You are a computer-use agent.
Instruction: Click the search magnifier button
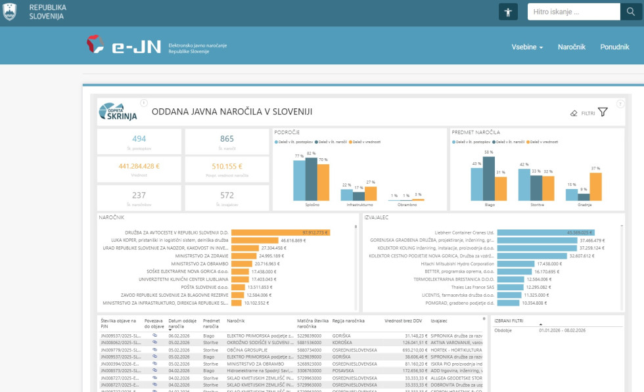pos(629,12)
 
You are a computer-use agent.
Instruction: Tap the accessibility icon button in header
pos(509,12)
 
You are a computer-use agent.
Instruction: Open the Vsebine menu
pos(527,47)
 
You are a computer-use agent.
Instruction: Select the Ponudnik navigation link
pos(614,47)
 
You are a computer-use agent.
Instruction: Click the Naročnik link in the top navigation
pos(572,47)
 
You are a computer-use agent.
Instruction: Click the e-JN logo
pos(125,45)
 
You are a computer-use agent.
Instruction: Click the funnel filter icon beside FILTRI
pos(603,112)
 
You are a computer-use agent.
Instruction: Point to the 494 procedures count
pos(139,139)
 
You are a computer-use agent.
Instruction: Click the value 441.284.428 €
pos(139,166)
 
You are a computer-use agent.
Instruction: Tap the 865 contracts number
pos(227,139)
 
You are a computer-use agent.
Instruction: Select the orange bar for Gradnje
pos(595,186)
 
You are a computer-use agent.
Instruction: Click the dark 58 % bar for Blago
pos(488,178)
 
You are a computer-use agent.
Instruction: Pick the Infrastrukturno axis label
pos(359,205)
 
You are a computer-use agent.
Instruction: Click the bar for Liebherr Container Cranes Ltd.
pos(545,232)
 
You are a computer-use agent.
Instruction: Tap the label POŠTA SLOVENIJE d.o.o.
pos(201,287)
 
